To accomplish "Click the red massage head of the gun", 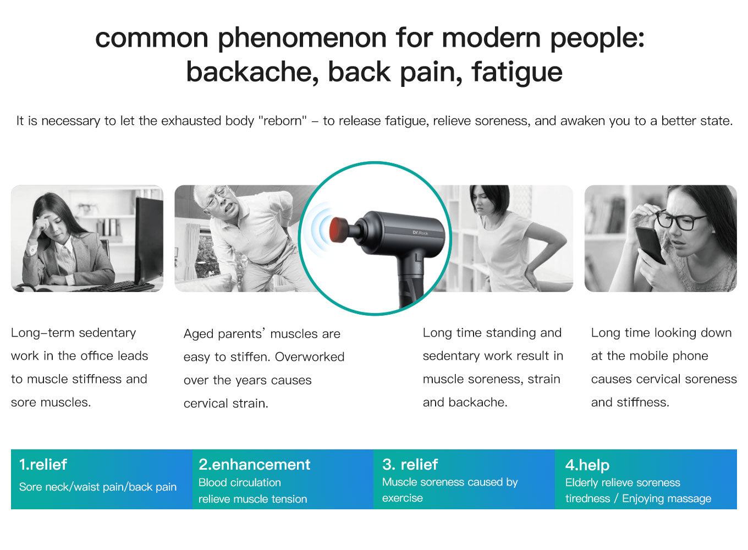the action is pos(338,229).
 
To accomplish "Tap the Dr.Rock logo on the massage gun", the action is pos(420,233).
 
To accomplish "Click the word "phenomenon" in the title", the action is pos(302,38).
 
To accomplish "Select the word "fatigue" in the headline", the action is pos(517,73).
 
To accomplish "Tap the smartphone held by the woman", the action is pos(650,245).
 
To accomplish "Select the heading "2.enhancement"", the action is pos(255,465).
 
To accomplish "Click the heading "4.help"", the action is pos(587,465).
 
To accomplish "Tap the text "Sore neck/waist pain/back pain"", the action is pos(97,487).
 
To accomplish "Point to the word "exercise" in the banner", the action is pos(403,498).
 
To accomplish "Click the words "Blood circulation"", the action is pos(239,482).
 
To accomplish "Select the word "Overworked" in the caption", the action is pos(310,357).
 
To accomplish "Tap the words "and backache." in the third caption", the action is pos(465,403).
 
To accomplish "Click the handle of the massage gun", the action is pos(411,280).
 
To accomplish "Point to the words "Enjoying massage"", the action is pos(667,498).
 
